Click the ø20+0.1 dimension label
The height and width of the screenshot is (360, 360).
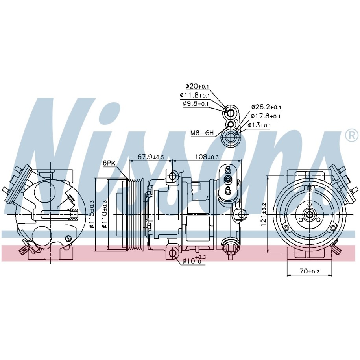197,86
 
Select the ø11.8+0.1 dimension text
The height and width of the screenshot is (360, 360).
195,95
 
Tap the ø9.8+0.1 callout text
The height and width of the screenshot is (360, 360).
196,103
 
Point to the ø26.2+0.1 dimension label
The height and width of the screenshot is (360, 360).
266,107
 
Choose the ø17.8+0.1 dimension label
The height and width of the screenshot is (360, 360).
266,116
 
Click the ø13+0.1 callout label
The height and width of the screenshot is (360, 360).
259,125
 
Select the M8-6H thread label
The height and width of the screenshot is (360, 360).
202,133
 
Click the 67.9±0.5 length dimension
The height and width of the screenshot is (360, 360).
151,157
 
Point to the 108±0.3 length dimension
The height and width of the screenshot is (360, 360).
207,157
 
